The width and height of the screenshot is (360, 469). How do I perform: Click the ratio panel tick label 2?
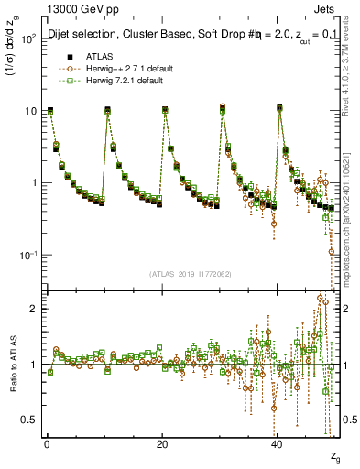(34, 309)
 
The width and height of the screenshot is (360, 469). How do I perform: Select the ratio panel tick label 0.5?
(29, 420)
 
